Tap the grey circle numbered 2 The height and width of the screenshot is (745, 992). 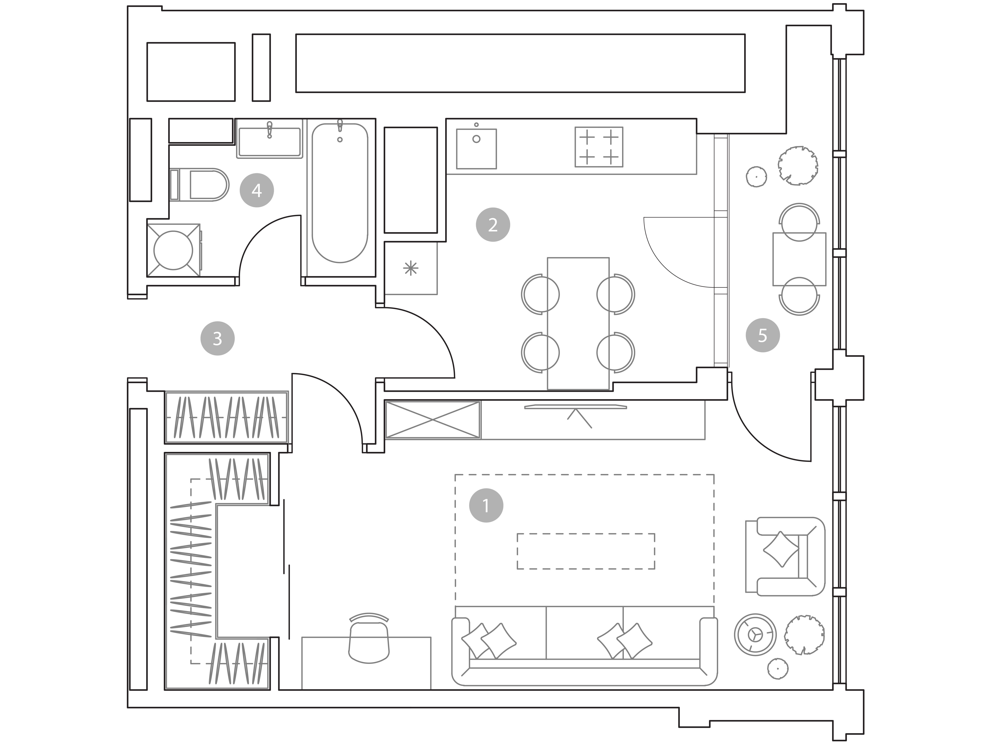point(493,225)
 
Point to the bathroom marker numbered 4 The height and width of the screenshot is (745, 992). point(257,190)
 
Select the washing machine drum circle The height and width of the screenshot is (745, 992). point(173,250)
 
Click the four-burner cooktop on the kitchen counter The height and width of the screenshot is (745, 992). point(599,147)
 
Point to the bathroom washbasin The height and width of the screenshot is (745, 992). point(269,142)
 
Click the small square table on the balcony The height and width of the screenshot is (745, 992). point(799,259)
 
